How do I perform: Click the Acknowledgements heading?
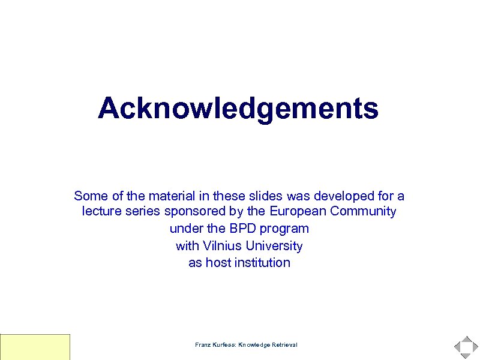[238, 109]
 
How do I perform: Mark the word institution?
[262, 263]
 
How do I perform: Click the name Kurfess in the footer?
[223, 345]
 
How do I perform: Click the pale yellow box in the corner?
[35, 347]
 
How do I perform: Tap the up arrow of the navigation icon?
[466, 339]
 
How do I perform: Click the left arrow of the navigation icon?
[458, 347]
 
